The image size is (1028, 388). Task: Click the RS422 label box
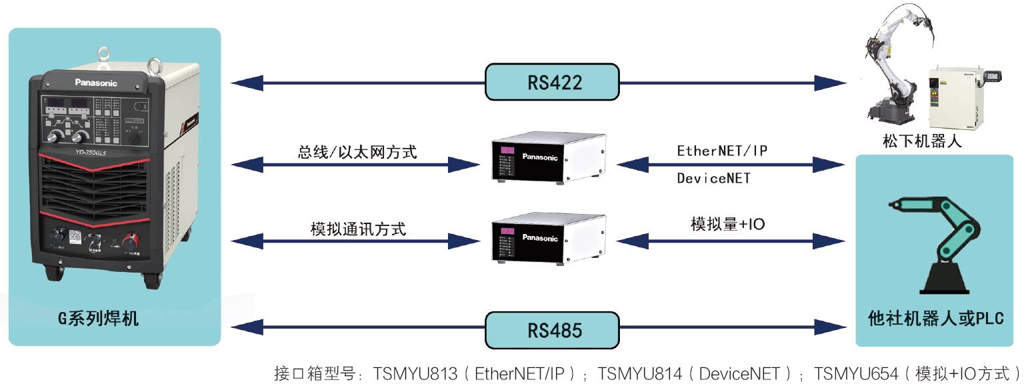(x=552, y=83)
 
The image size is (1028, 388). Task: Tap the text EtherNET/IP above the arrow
(x=721, y=151)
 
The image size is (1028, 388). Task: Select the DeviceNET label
(x=713, y=178)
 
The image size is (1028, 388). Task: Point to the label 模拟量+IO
(x=727, y=225)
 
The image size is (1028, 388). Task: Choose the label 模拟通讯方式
(x=358, y=229)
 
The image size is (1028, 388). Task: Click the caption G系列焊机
(x=98, y=319)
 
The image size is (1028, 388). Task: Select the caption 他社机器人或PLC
(x=935, y=318)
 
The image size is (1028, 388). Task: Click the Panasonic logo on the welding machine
(x=95, y=83)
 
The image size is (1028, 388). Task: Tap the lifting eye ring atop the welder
(x=103, y=54)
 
